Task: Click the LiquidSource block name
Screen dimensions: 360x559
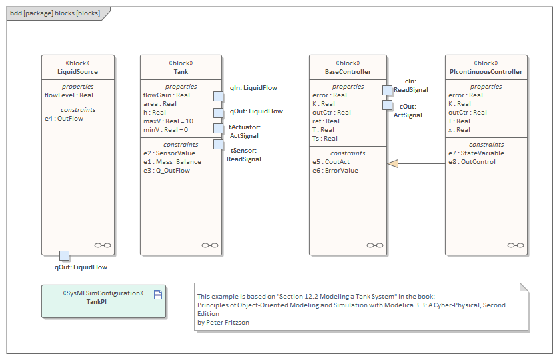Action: [78, 72]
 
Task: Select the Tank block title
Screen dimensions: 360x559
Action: [181, 72]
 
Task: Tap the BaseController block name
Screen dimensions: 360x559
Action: [348, 72]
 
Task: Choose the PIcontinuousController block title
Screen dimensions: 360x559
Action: [486, 72]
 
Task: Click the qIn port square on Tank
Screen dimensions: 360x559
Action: [218, 96]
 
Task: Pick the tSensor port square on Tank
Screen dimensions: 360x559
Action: [218, 144]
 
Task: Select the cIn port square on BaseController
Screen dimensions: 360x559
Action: [387, 90]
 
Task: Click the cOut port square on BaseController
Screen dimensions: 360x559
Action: [387, 105]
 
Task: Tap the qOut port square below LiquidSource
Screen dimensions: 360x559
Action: [64, 255]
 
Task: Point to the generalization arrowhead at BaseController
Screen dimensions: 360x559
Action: [393, 163]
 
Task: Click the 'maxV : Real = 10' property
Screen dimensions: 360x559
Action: [168, 121]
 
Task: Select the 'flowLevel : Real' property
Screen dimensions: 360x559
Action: [69, 95]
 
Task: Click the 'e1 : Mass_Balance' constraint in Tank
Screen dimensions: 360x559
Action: [172, 162]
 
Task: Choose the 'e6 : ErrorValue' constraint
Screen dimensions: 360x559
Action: [335, 171]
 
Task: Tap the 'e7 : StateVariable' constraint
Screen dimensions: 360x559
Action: [476, 153]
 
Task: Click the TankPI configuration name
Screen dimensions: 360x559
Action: [97, 301]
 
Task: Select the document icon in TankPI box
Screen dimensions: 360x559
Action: [158, 294]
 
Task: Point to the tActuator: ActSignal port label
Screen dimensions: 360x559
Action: [245, 131]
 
